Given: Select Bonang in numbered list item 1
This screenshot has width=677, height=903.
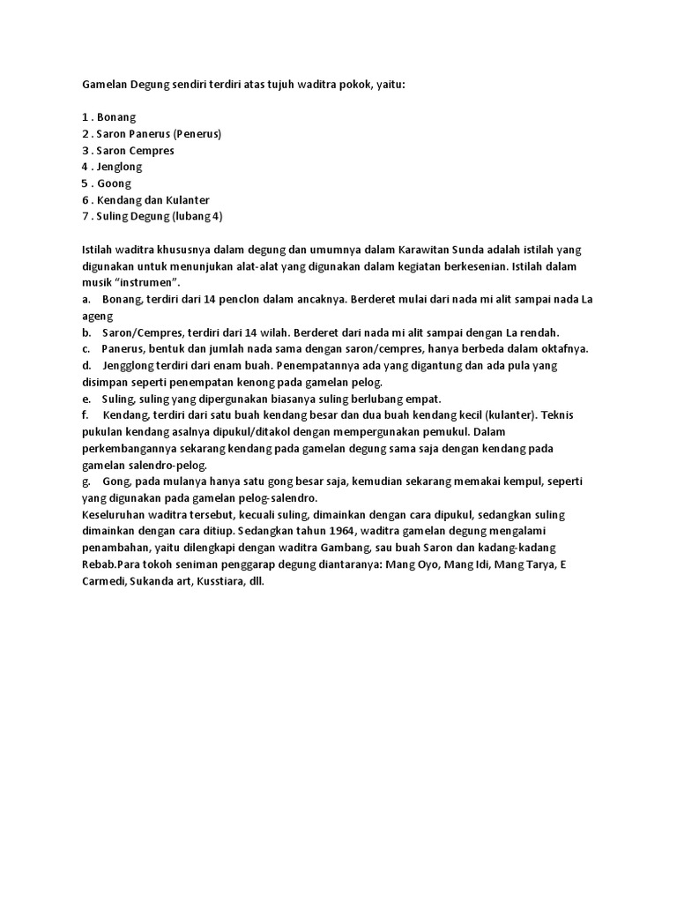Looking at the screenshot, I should tap(117, 117).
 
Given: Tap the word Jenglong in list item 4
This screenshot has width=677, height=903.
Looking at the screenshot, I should tap(119, 167).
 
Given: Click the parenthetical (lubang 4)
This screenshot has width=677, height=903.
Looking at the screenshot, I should tap(199, 217).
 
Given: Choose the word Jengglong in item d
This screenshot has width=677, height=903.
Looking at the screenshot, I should tap(130, 365).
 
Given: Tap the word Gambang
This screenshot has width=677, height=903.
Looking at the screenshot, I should tap(327, 548).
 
